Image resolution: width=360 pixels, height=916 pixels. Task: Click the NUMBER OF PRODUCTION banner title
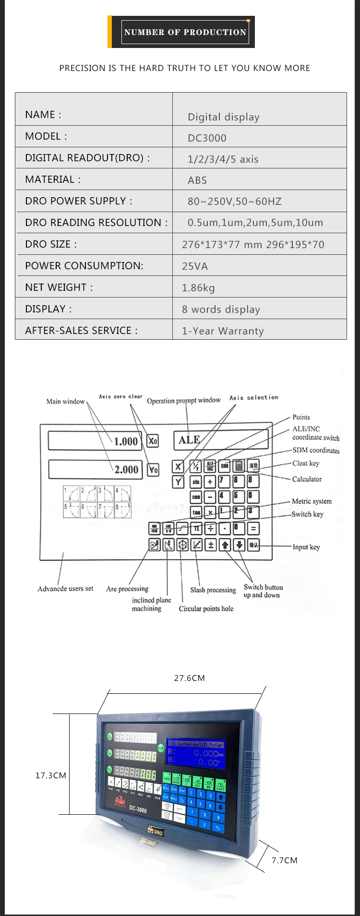[185, 32]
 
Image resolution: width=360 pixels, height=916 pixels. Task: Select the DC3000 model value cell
[207, 138]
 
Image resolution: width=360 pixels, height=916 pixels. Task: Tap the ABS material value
[197, 180]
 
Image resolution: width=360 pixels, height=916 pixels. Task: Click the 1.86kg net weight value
[198, 288]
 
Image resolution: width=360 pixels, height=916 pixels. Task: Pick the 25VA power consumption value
[195, 266]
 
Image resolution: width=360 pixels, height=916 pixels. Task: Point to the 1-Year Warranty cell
[223, 331]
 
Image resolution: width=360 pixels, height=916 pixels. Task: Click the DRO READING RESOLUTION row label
[96, 223]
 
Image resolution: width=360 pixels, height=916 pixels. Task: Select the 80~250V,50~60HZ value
[235, 202]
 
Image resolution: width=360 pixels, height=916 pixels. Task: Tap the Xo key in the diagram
[153, 440]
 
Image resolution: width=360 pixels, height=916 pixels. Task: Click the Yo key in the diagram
[153, 469]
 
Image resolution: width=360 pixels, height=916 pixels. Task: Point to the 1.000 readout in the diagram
[126, 441]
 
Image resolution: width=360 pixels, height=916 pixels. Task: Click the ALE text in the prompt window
[189, 440]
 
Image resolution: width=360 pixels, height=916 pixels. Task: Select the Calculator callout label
[307, 479]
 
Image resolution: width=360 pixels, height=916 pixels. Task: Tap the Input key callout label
[306, 547]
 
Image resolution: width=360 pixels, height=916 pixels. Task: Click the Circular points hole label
[206, 608]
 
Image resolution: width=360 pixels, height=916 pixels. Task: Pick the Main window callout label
[66, 401]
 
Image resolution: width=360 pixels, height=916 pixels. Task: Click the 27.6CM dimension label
[189, 678]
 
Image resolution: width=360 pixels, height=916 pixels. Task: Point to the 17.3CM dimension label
[51, 775]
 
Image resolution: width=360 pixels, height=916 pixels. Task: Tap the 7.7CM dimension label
[285, 860]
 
